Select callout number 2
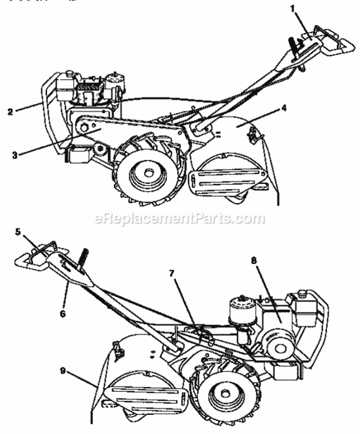pyautogui.click(x=10, y=112)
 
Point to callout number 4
pyautogui.click(x=271, y=107)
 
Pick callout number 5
pyautogui.click(x=18, y=231)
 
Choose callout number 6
pyautogui.click(x=63, y=313)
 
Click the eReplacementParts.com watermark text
pyautogui.click(x=179, y=219)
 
